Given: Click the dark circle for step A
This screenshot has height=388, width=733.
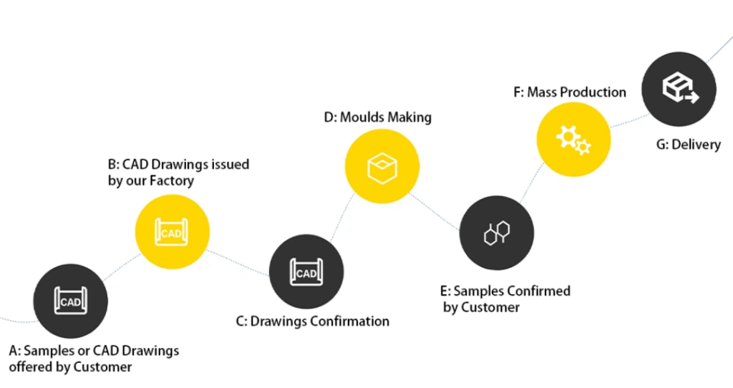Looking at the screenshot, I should pos(71,301).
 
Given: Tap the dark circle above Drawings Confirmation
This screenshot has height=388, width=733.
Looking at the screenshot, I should pos(306,272).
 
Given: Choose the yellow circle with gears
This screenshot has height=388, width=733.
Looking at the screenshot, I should pos(573,138).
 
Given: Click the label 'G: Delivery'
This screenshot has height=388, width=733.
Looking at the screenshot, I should pos(688,145).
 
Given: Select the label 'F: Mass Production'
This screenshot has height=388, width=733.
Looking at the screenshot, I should pos(569,92).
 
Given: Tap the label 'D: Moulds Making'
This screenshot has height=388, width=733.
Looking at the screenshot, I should pos(377,117).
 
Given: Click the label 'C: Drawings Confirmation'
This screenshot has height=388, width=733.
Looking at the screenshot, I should pos(312,321).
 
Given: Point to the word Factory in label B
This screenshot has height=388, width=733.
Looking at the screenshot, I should pos(171,180).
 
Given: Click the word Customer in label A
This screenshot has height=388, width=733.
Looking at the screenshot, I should pos(103,367).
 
